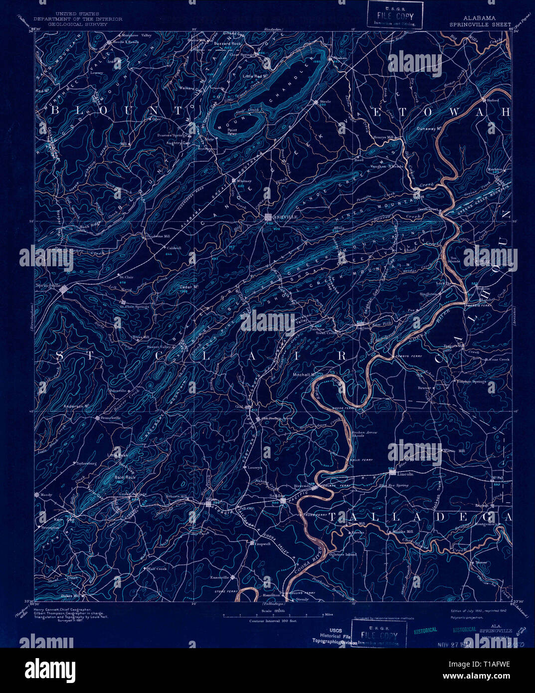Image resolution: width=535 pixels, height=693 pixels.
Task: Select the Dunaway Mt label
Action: click(x=430, y=128)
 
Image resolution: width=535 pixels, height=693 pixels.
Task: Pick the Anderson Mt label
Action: click(x=76, y=406)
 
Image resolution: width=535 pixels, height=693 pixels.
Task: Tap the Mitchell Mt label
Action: click(x=306, y=374)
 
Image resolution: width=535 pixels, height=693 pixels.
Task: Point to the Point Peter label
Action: click(x=232, y=132)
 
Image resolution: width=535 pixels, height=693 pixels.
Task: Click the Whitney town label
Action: click(x=245, y=181)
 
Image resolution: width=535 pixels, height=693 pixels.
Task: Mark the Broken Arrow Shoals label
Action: click(x=364, y=434)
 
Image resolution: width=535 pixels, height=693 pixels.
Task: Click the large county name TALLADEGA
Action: click(x=420, y=517)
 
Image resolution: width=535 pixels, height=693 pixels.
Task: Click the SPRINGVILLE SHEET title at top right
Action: click(x=480, y=24)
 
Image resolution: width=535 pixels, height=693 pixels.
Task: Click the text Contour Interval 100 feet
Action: click(x=273, y=621)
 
